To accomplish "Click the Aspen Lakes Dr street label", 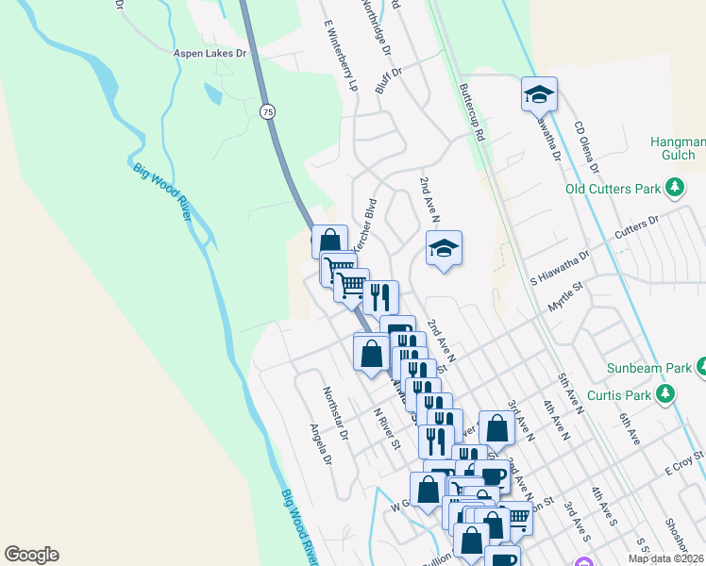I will tap(210, 54).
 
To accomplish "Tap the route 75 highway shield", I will tap(268, 111).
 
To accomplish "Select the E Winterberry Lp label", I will tap(341, 57).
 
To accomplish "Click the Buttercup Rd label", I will tap(470, 111).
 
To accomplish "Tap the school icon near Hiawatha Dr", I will tap(539, 93).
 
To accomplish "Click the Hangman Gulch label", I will tap(673, 148).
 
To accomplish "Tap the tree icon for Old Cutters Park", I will tap(675, 189).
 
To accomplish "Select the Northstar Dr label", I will tap(335, 413).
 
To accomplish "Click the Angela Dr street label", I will tap(321, 443).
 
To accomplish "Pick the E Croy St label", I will tap(684, 462).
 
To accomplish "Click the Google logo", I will tap(31, 555).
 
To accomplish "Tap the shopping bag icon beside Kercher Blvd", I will tap(329, 241).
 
